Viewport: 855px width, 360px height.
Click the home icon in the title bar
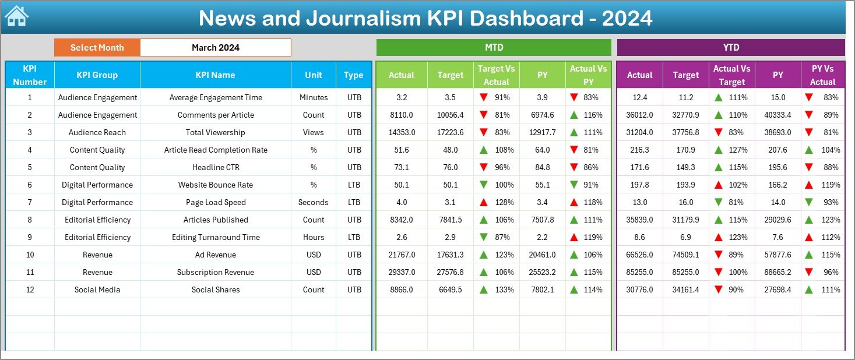point(16,16)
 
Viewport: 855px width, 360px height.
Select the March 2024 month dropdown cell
point(216,48)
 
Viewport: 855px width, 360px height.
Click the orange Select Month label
point(97,48)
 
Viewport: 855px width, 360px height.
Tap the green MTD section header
point(494,48)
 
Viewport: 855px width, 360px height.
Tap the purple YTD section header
point(730,48)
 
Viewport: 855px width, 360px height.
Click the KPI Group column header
point(97,75)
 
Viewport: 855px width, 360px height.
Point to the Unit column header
point(314,75)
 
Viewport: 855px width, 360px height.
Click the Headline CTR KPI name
point(216,167)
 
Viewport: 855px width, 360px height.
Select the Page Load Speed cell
point(216,202)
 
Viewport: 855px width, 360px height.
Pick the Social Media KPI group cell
point(97,290)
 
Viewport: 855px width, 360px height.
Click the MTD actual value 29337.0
point(402,272)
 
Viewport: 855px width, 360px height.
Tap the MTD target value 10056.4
point(451,115)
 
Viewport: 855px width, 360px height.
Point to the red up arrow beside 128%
point(484,202)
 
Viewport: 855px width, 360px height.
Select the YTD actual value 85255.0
point(639,272)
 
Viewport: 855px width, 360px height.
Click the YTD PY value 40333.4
point(777,115)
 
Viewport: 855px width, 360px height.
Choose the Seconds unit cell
point(314,202)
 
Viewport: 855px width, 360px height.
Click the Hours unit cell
point(314,237)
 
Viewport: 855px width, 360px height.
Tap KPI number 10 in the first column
point(30,255)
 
